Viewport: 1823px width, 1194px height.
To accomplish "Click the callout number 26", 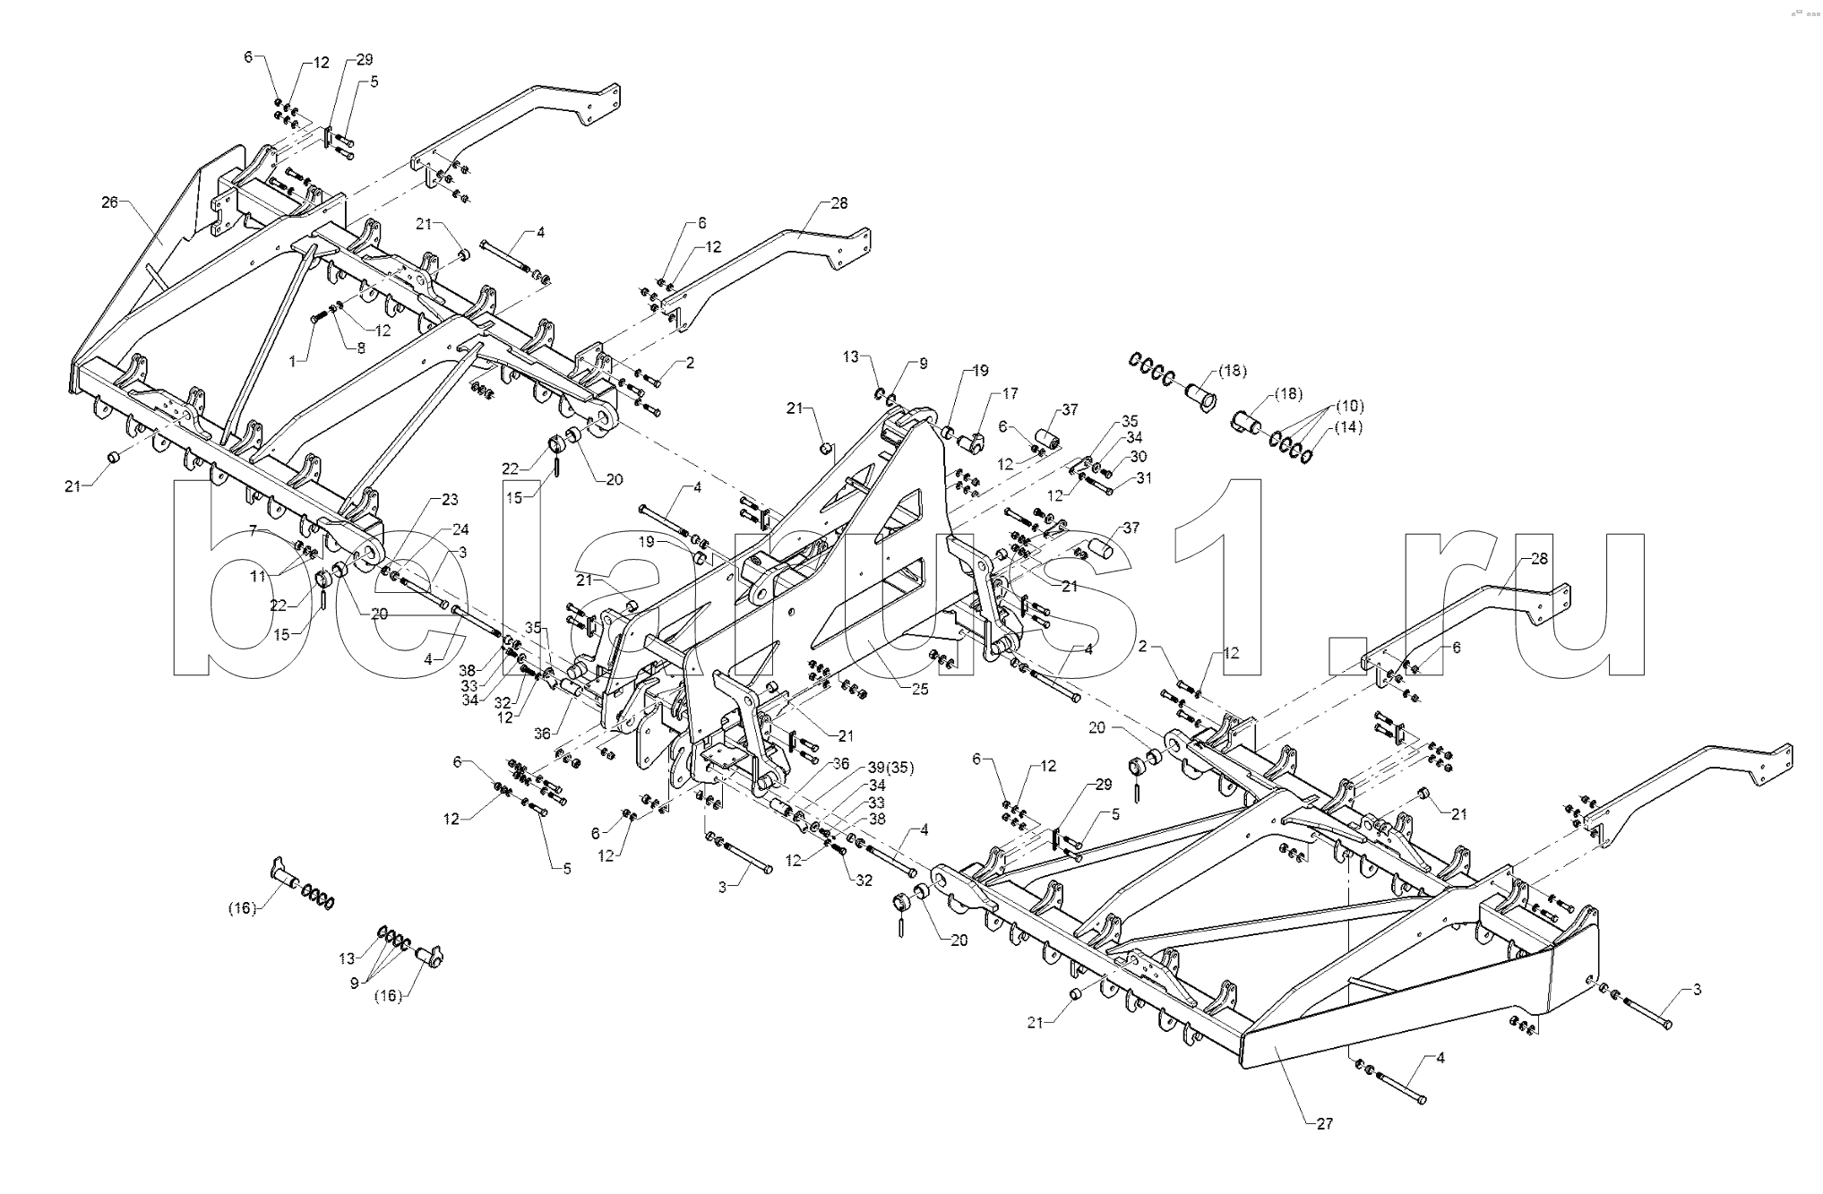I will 109,202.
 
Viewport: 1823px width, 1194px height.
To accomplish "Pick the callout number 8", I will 360,348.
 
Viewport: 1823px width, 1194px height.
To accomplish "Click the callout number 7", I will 254,530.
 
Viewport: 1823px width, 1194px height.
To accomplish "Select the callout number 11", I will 258,576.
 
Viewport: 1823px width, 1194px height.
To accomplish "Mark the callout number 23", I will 449,499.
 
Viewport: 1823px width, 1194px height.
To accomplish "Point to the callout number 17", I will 1010,393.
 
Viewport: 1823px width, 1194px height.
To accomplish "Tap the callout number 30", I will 1138,456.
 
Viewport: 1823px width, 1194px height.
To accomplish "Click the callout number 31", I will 1144,478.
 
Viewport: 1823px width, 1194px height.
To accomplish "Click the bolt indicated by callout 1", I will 319,316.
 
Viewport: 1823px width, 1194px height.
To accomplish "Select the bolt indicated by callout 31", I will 1098,485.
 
